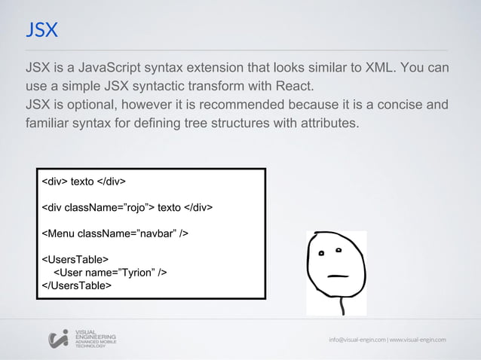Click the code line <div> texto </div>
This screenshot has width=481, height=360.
pos(83,182)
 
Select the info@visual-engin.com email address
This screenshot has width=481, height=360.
pos(357,339)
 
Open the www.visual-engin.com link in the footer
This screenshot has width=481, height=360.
pos(417,339)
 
